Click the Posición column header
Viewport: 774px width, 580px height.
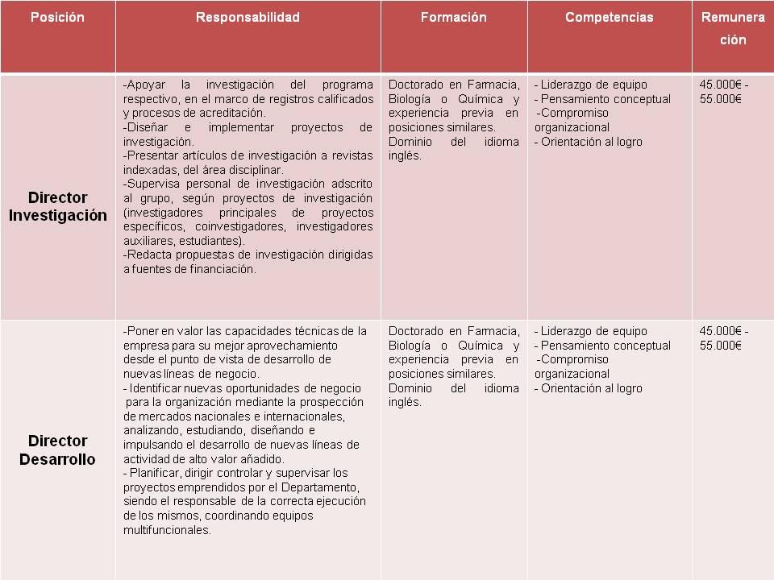pos(57,17)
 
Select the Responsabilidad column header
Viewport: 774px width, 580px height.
pos(248,17)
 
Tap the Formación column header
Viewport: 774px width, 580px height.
pos(453,17)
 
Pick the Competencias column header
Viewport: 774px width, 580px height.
pos(609,17)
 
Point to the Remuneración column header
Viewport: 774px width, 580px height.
pos(732,28)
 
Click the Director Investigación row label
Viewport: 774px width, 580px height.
pos(57,206)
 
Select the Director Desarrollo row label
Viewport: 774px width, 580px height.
pos(57,450)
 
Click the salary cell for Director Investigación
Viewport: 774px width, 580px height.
pos(724,92)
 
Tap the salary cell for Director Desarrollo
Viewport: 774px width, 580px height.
pos(724,338)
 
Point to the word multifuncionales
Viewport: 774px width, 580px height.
pos(167,530)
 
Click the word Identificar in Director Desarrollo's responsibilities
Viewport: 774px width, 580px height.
pos(157,388)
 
